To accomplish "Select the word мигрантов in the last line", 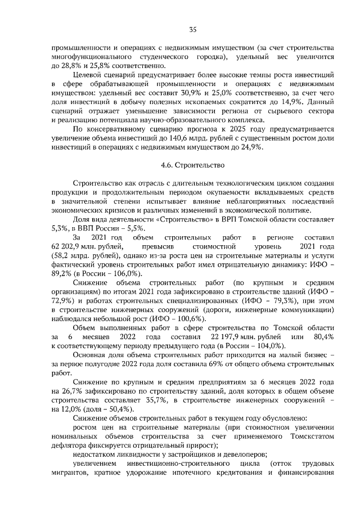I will coord(71,471).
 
